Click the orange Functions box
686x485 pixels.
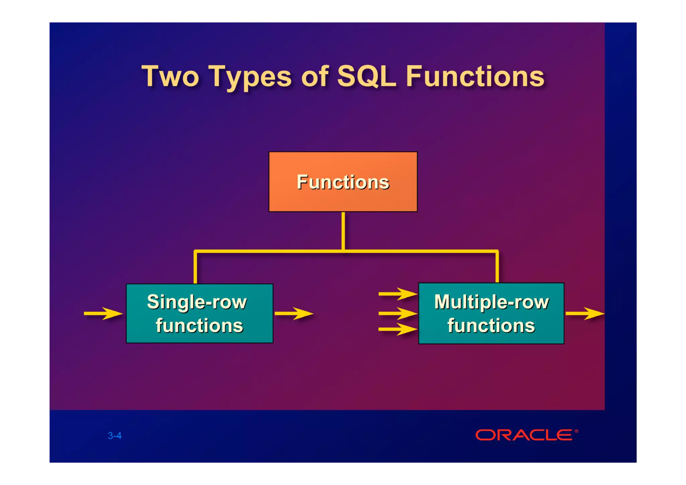[343, 182]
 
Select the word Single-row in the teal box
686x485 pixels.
[197, 302]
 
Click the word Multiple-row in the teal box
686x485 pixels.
[491, 302]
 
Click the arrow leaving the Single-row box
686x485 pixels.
[294, 314]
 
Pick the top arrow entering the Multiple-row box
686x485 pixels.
[398, 294]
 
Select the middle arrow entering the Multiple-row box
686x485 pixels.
[398, 314]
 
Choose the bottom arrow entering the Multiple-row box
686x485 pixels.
[398, 329]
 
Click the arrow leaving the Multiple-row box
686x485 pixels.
[585, 314]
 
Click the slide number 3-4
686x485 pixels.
[115, 435]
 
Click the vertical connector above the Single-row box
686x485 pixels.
[195, 268]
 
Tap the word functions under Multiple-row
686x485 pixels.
[491, 326]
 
